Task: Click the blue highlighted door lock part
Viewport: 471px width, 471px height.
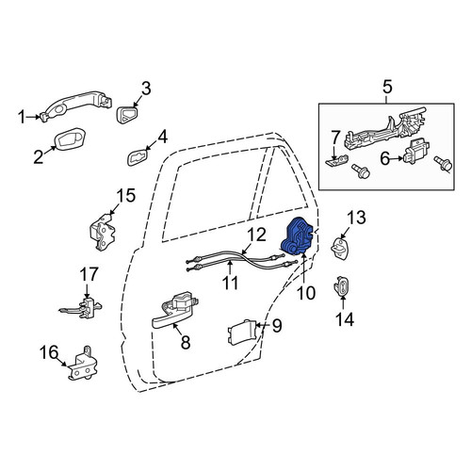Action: click(298, 235)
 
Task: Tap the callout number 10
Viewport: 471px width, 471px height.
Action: click(306, 293)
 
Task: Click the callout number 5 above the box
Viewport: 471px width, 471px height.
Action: click(387, 87)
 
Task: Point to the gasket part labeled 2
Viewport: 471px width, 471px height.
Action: click(70, 138)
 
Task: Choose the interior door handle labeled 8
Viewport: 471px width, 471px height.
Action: click(175, 310)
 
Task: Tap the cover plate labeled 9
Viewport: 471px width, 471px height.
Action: click(241, 332)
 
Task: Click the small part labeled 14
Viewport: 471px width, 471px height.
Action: click(340, 285)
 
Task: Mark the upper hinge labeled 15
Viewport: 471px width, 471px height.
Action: click(102, 233)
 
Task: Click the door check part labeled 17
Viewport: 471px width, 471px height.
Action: click(82, 308)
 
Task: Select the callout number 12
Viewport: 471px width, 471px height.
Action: click(256, 235)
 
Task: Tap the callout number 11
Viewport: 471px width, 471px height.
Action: click(231, 283)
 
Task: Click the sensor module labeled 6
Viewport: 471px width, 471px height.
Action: click(415, 152)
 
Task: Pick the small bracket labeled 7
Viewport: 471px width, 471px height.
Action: click(337, 160)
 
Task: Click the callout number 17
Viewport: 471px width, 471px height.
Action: click(89, 274)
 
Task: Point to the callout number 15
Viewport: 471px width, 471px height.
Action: click(126, 195)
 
